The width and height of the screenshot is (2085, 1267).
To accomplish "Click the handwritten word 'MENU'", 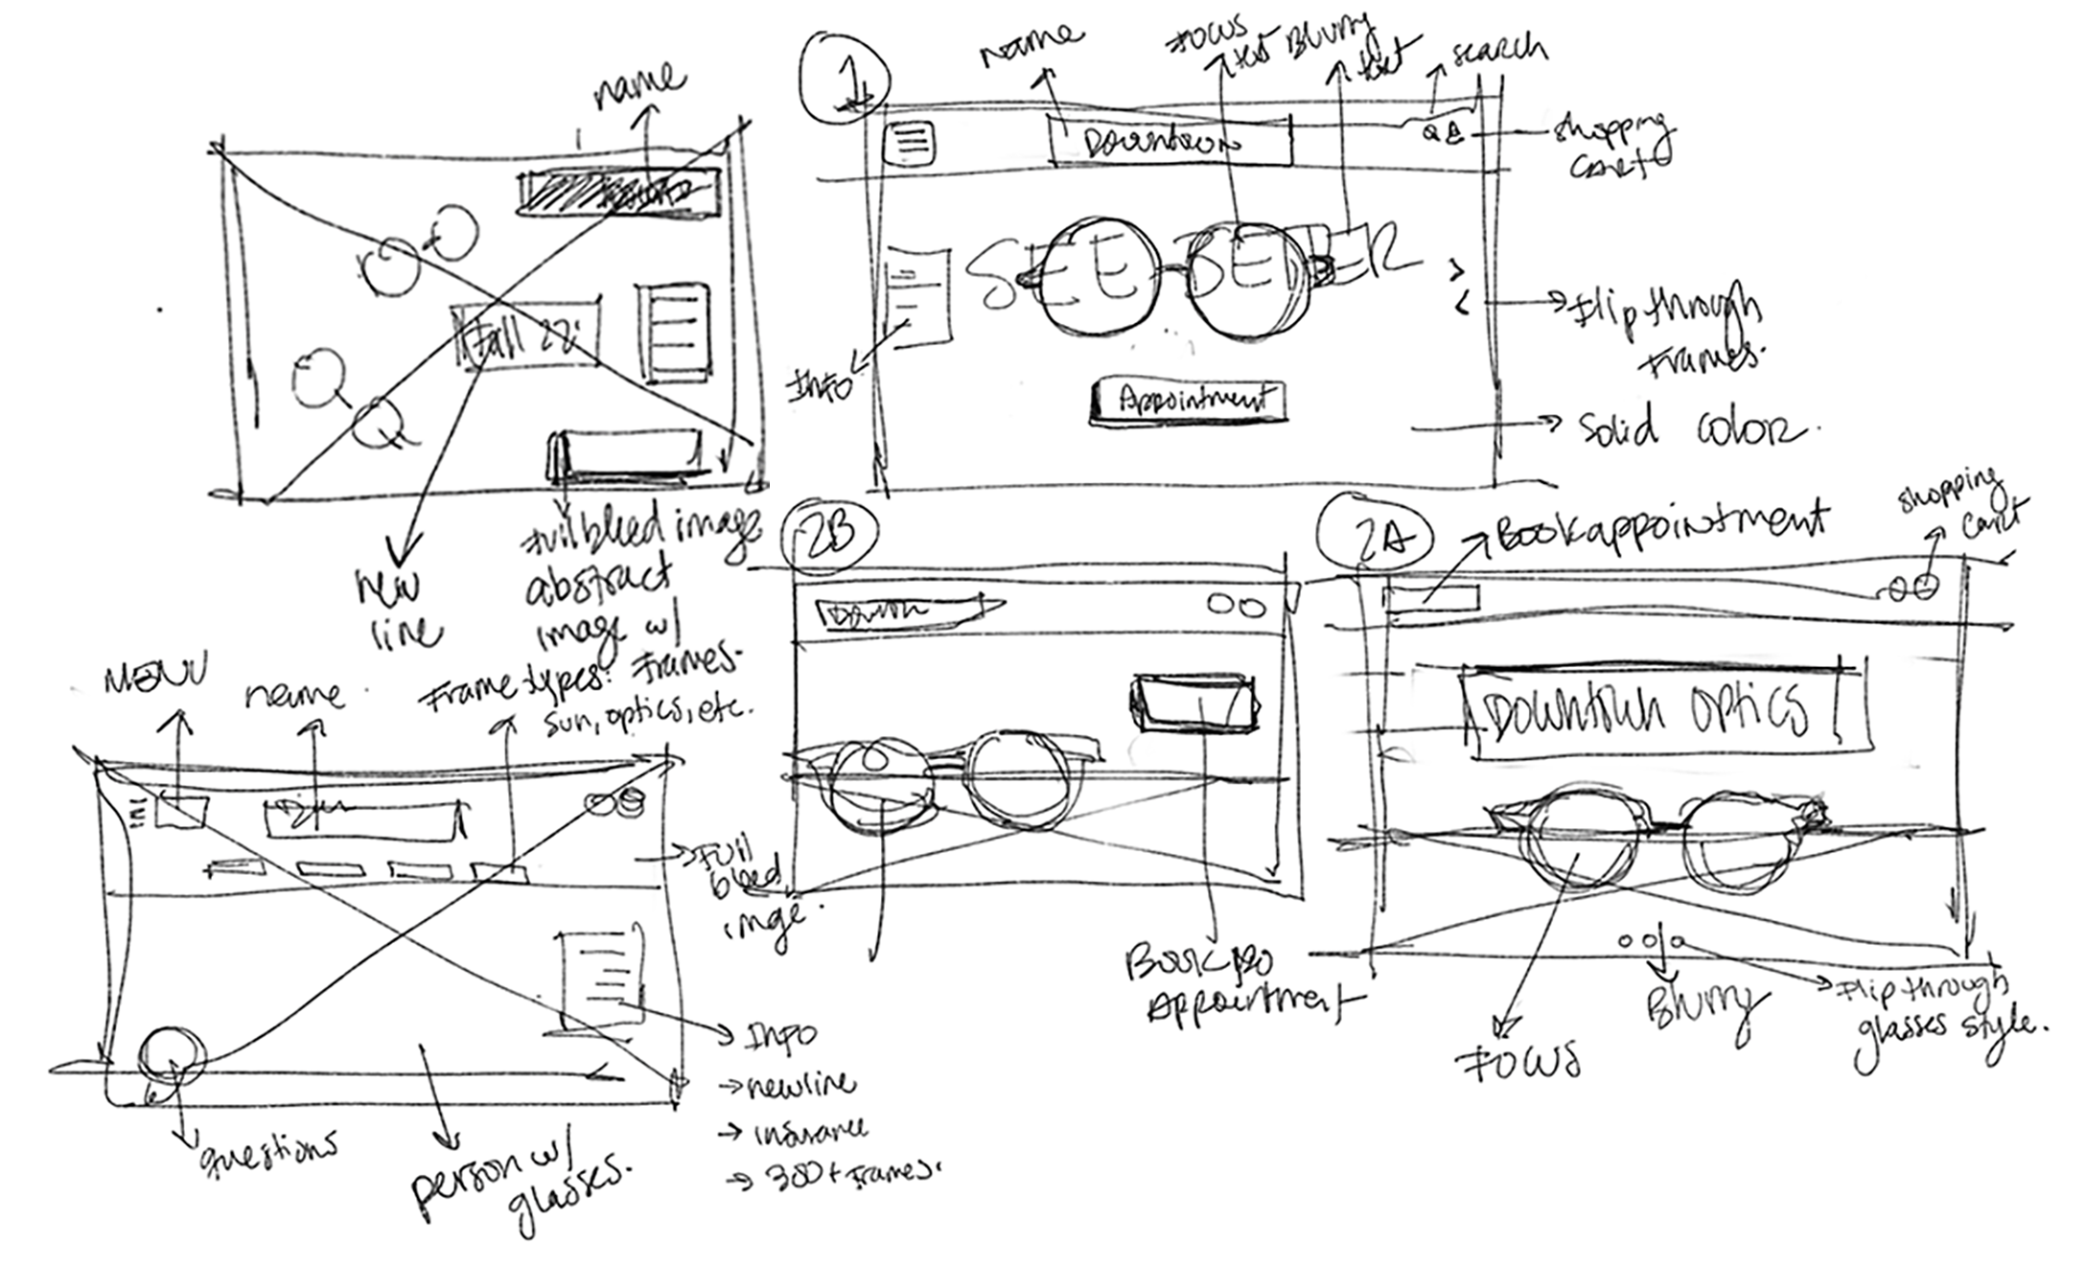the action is point(156,683).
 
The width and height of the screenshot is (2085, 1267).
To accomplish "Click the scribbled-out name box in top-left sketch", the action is point(618,192).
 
